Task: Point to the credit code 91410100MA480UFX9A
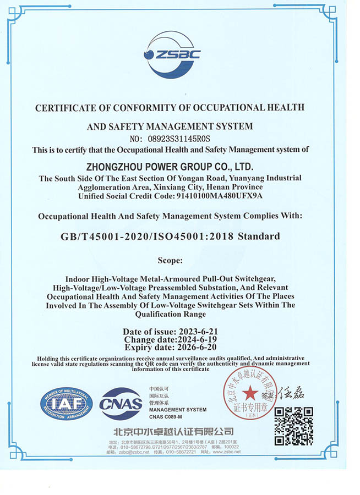225,196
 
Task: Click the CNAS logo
121,404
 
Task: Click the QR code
293,426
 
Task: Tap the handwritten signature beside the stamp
290,394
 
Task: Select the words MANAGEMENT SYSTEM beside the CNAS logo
178,409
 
